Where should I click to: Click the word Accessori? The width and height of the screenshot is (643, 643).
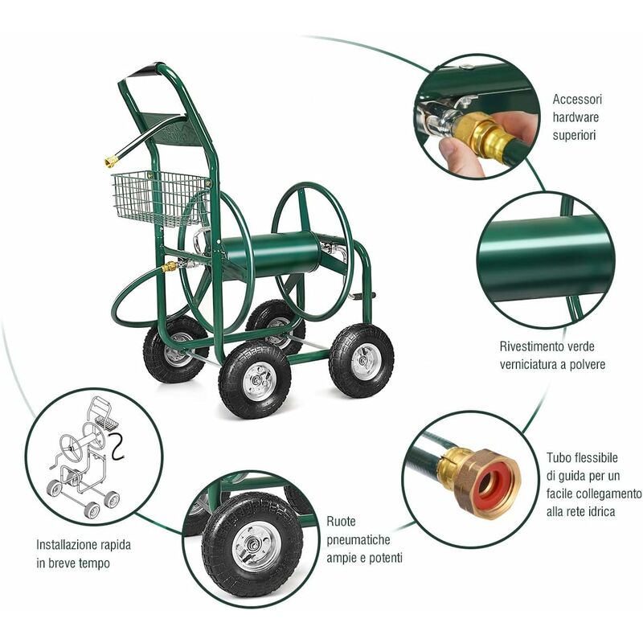pyautogui.click(x=577, y=99)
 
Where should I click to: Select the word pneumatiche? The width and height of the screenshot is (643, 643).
pyautogui.click(x=358, y=540)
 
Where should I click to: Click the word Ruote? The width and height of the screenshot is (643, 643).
pyautogui.click(x=341, y=522)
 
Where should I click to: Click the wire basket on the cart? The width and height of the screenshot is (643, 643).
pyautogui.click(x=159, y=198)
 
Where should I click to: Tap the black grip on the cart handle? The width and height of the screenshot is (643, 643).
pyautogui.click(x=149, y=72)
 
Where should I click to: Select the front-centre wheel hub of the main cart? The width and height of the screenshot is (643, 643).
pyautogui.click(x=254, y=380)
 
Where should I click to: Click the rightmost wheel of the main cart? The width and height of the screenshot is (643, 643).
pyautogui.click(x=361, y=361)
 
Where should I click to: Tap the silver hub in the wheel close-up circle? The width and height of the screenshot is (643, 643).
pyautogui.click(x=252, y=547)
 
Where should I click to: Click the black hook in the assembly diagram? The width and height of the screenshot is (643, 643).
pyautogui.click(x=117, y=447)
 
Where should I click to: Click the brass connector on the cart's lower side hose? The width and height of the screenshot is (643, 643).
pyautogui.click(x=170, y=267)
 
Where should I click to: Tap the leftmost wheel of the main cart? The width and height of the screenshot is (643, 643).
pyautogui.click(x=175, y=349)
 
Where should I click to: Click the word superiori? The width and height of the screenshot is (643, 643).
pyautogui.click(x=574, y=135)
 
